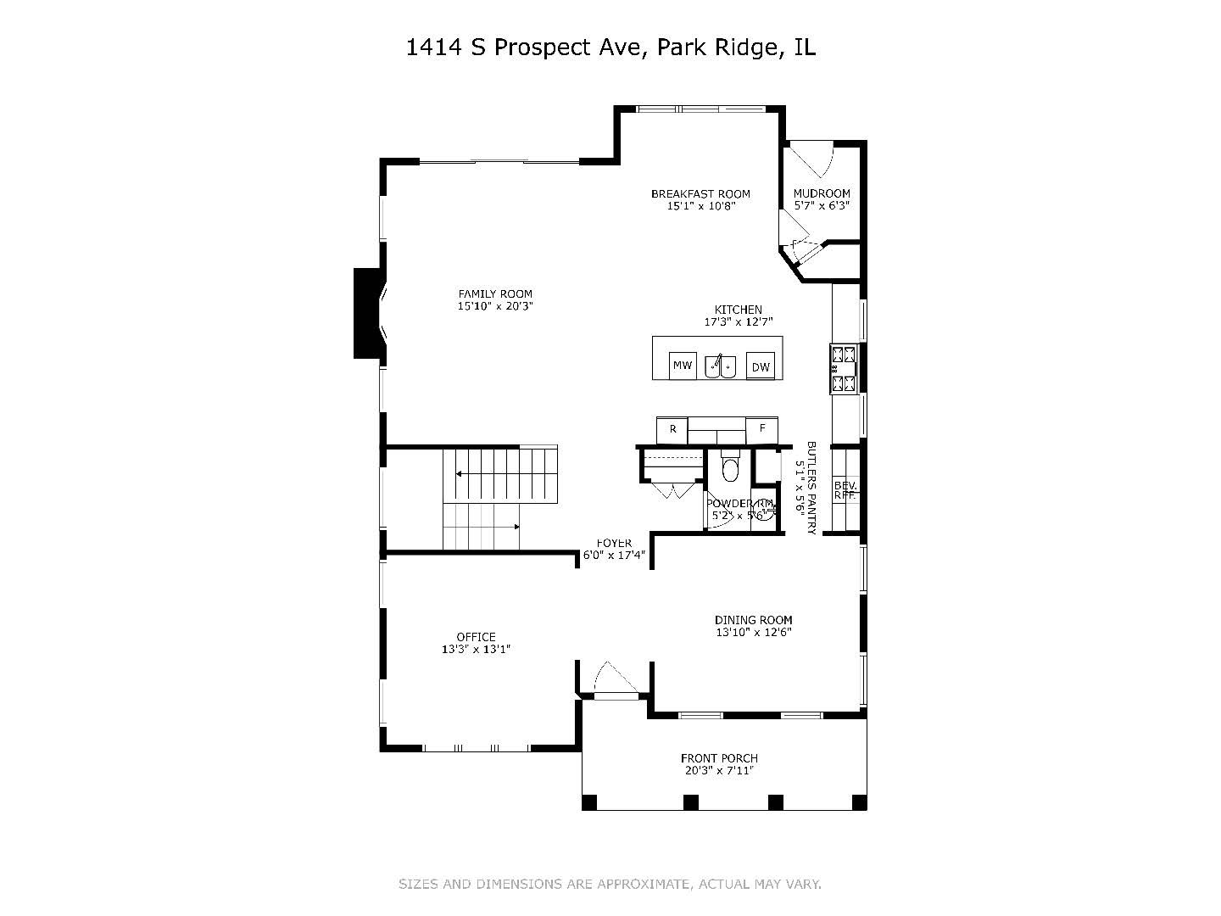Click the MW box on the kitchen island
click(683, 366)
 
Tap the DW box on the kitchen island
click(761, 366)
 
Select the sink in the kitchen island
click(721, 366)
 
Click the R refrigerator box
click(673, 430)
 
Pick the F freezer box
click(762, 429)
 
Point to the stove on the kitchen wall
click(845, 369)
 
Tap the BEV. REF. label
click(845, 491)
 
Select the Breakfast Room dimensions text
click(700, 206)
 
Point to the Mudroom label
click(822, 193)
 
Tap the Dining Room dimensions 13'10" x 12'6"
click(753, 633)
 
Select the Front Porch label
click(719, 758)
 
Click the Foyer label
click(614, 543)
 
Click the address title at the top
click(610, 47)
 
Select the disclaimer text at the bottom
click(610, 884)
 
